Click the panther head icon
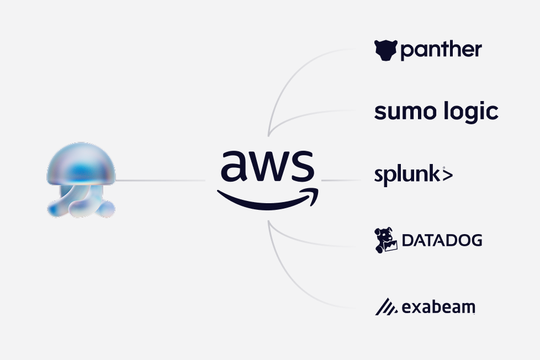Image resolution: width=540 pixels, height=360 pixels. click(385, 50)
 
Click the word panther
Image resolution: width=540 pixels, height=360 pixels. click(441, 50)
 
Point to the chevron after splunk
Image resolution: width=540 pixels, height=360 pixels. click(447, 176)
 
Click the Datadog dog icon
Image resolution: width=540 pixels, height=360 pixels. click(386, 240)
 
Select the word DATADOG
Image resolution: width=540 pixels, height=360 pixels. click(442, 240)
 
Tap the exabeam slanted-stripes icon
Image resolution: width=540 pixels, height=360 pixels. click(386, 306)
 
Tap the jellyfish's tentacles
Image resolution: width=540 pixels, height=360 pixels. click(81, 202)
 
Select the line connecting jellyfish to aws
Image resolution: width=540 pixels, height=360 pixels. click(160, 180)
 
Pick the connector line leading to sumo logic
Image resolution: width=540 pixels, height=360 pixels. click(309, 113)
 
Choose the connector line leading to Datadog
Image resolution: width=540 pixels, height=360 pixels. click(309, 243)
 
